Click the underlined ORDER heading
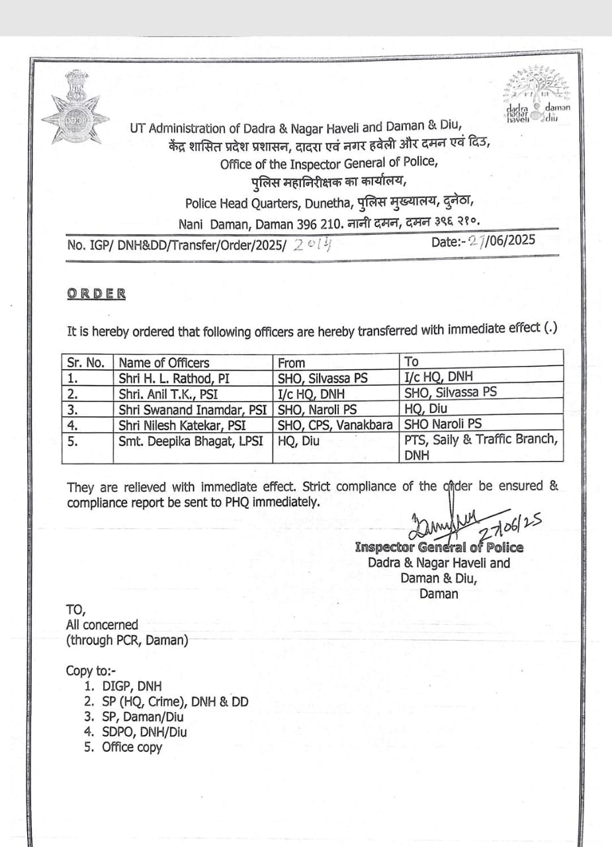pos(97,294)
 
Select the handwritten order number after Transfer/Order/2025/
pos(314,245)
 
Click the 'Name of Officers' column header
pos(164,363)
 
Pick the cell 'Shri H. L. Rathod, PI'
pos(169,379)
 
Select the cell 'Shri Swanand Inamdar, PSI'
pos(192,410)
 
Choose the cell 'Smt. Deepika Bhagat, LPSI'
pos(192,441)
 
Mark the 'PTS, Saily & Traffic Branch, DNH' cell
pos(481,447)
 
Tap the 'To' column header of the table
pos(412,361)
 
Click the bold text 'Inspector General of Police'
pos(439,548)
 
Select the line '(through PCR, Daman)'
pos(127,641)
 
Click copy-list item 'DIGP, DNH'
pos(132,686)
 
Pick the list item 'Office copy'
pos(132,747)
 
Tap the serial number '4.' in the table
pos(74,425)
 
